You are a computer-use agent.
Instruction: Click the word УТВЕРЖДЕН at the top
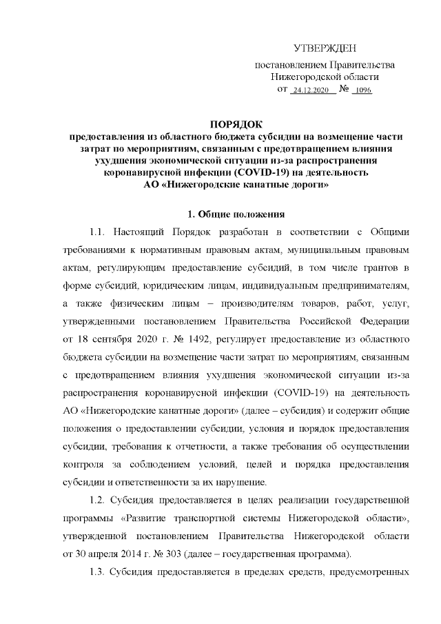(325, 48)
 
